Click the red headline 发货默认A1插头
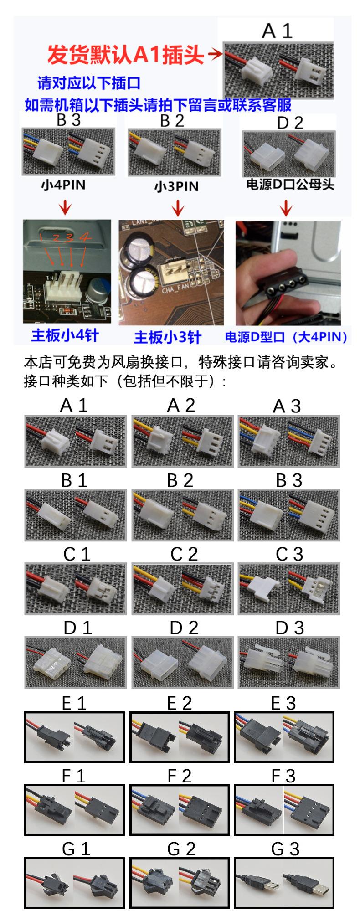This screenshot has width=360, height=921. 126,55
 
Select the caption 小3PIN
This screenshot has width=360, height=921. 176,186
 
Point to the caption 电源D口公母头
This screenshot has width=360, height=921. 290,185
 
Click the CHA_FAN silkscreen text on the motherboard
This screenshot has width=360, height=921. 175,289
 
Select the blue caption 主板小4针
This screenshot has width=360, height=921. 65,335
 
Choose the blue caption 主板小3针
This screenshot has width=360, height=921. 168,337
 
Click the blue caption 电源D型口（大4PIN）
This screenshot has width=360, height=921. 287,337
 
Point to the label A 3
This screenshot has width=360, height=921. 287,406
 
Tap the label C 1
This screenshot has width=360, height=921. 77,554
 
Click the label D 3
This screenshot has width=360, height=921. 289,628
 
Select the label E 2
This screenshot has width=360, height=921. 181,703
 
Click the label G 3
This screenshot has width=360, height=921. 285,849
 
